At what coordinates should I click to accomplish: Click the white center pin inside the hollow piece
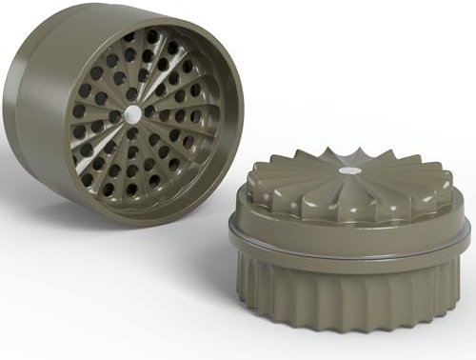tap(132, 112)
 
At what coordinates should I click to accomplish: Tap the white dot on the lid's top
tap(350, 170)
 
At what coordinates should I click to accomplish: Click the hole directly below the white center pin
tap(132, 134)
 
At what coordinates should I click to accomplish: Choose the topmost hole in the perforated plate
tap(152, 36)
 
